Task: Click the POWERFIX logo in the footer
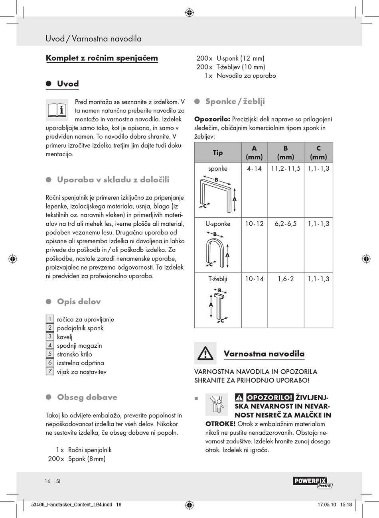[x=313, y=482]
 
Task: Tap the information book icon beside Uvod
[x=57, y=110]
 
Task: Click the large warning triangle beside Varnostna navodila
[x=205, y=353]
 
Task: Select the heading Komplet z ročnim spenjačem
[x=102, y=58]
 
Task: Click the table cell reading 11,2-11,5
[x=286, y=169]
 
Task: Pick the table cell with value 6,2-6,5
[x=286, y=224]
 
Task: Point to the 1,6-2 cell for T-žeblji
[x=286, y=279]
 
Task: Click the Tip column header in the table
[x=218, y=153]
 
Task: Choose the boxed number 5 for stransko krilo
[x=50, y=354]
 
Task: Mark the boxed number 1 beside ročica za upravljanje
[x=50, y=319]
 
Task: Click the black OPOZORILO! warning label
[x=269, y=398]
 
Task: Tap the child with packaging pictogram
[x=217, y=405]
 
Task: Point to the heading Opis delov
[x=79, y=301]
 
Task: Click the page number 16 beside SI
[x=48, y=481]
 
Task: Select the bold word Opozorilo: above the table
[x=212, y=119]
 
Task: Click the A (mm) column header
[x=254, y=153]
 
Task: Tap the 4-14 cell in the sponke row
[x=254, y=169]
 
